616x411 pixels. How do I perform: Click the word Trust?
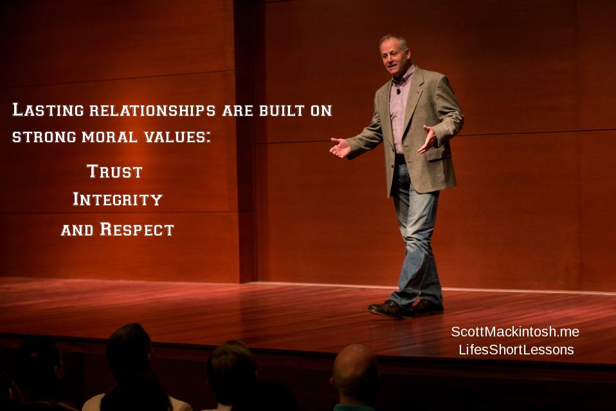tap(114, 171)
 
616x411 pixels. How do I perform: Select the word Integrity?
tap(118, 199)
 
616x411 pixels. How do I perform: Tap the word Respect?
tap(137, 229)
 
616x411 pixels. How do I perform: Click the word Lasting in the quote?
tap(48, 109)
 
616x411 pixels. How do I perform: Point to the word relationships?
tap(152, 111)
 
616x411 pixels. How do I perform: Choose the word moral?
tap(109, 137)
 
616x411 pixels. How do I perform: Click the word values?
tap(177, 137)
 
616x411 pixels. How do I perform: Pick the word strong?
tap(44, 137)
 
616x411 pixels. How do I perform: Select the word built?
tap(282, 111)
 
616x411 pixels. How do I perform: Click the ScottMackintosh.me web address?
tap(515, 332)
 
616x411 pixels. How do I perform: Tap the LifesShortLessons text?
tap(516, 350)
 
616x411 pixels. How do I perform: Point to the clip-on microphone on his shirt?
tap(399, 91)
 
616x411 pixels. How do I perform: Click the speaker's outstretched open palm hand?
tap(339, 147)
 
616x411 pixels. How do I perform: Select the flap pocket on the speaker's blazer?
tap(438, 153)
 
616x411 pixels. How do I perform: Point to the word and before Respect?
tap(77, 230)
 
